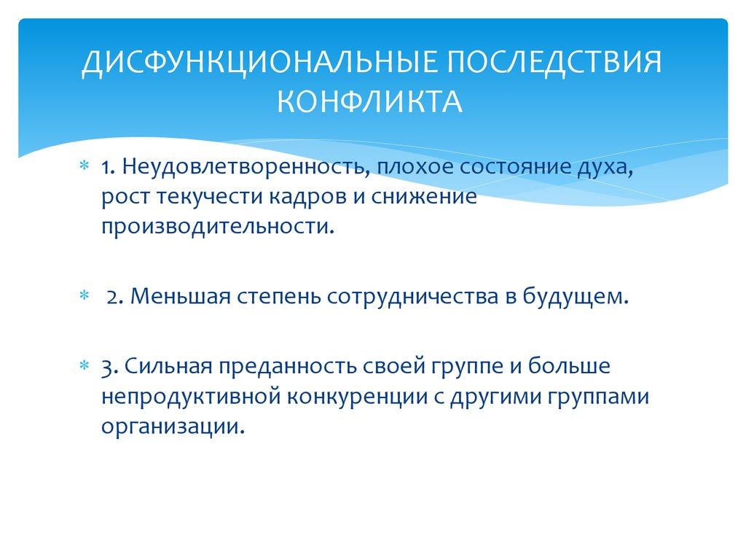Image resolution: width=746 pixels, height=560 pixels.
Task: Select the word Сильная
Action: [x=162, y=365]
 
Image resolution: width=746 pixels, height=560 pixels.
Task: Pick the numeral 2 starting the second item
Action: [x=113, y=297]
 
